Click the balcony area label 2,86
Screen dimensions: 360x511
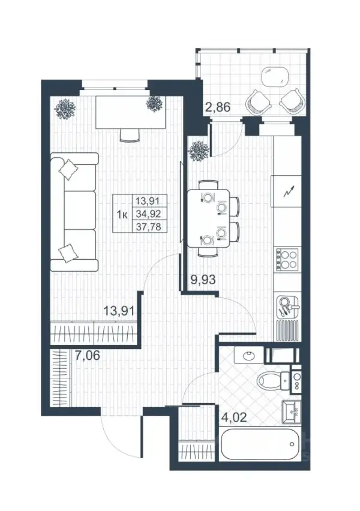[218, 107]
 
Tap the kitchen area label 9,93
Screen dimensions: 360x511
[203, 279]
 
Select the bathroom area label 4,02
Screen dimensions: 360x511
[233, 417]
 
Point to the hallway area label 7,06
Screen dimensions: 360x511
[87, 354]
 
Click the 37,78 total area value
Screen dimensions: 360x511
[149, 227]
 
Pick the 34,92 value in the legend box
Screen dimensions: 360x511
[149, 214]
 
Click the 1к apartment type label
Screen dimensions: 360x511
[122, 215]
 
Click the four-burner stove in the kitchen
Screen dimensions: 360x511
[287, 259]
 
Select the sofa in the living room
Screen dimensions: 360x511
[74, 212]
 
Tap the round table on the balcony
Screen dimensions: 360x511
[275, 77]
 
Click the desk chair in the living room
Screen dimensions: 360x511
[130, 135]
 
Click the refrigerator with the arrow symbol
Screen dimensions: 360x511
[287, 191]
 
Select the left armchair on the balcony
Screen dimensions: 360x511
[258, 102]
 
